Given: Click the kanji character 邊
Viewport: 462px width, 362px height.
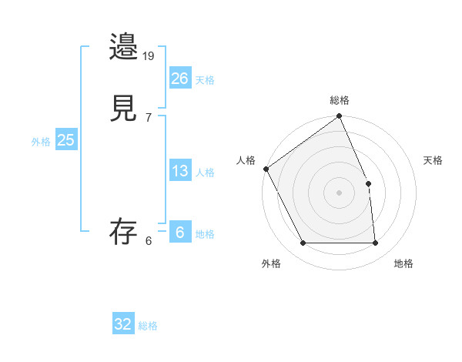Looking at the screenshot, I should [124, 47].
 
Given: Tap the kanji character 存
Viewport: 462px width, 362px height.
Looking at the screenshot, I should [124, 232].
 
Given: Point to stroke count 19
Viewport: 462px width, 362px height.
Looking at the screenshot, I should [149, 55].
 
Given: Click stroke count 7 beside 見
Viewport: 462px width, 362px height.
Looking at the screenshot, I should [149, 117].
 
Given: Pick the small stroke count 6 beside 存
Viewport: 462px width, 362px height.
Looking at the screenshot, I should [149, 240].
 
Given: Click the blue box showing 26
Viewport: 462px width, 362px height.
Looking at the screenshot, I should [180, 78].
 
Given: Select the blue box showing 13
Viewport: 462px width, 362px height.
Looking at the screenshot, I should [180, 171].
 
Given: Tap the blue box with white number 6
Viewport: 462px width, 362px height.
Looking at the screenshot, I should [180, 233].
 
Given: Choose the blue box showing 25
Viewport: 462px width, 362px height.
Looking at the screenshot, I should [66, 139].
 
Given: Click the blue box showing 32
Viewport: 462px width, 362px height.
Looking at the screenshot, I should [123, 324].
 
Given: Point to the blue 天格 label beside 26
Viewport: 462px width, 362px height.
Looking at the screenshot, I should [205, 79].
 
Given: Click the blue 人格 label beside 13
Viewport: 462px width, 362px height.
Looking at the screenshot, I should [205, 173].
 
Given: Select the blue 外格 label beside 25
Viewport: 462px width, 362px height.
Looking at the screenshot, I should [41, 141].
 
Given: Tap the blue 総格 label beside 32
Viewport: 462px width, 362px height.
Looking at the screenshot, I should [148, 326].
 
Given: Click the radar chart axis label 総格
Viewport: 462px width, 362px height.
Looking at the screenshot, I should [340, 100].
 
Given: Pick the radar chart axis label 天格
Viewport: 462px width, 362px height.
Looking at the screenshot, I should [433, 160].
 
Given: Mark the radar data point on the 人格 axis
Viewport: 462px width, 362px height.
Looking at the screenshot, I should [266, 169].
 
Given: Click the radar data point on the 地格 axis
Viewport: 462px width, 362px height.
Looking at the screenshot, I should [376, 243].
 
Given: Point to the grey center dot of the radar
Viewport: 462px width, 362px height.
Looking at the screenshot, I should [340, 193].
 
